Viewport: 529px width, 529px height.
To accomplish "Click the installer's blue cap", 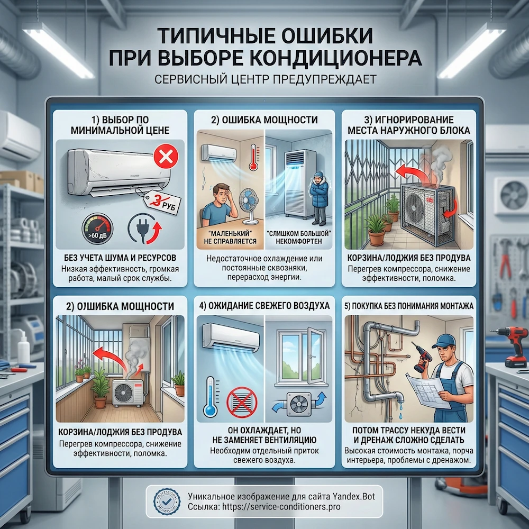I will tap(443, 338).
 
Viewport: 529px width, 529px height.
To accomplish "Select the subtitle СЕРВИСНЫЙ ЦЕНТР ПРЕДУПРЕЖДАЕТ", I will tap(264, 80).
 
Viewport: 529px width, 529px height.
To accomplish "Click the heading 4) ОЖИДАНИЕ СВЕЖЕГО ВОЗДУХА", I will tap(264, 306).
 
